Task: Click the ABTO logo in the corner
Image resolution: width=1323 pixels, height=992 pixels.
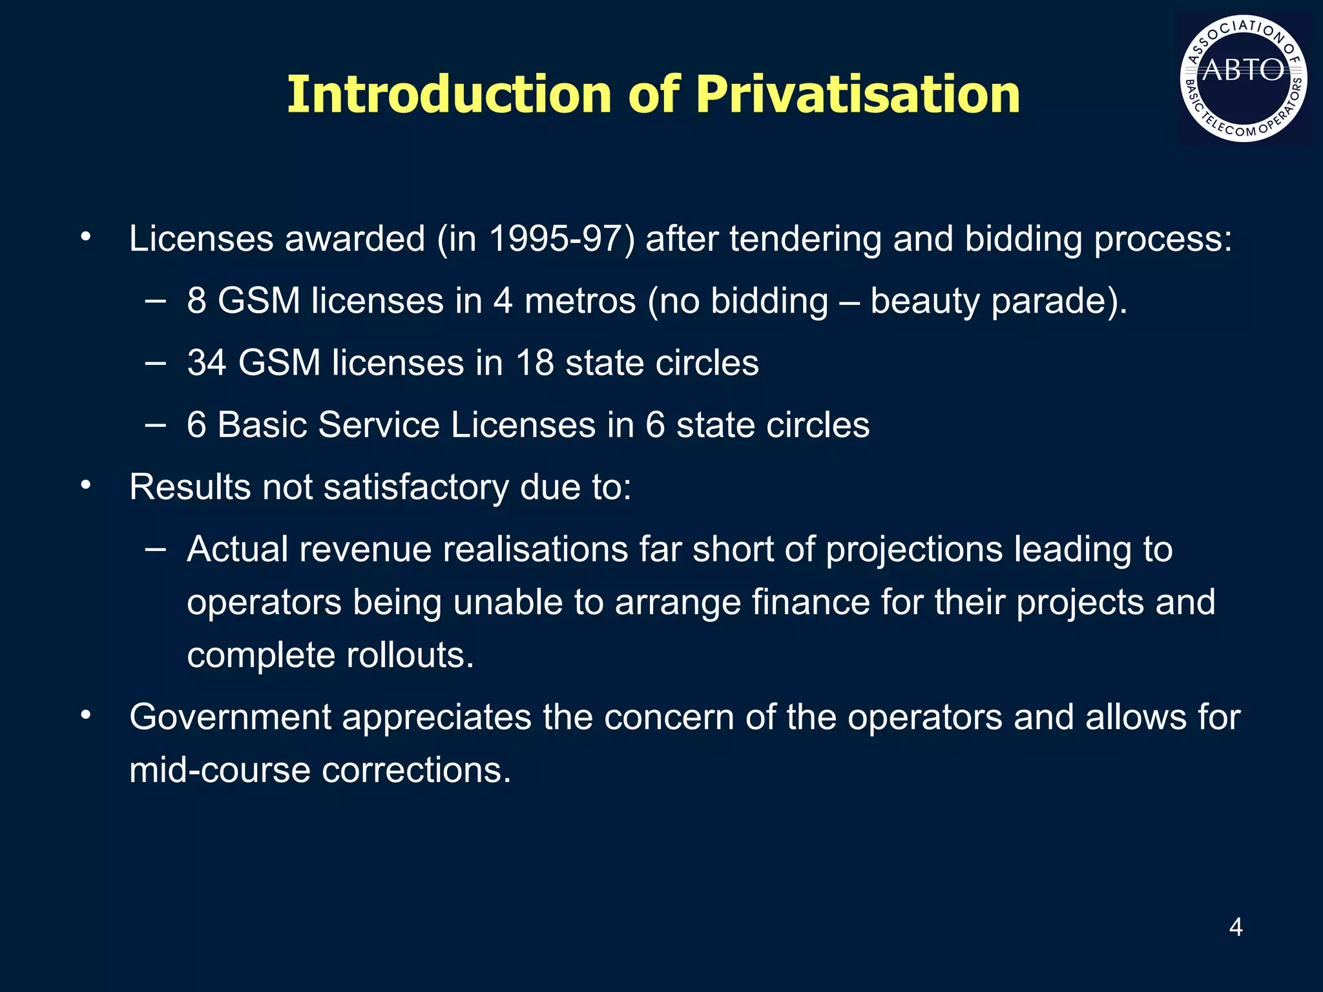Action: click(1244, 78)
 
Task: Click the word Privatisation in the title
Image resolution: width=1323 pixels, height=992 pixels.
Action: click(858, 94)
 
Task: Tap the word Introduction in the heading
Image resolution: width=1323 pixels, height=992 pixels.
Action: click(448, 94)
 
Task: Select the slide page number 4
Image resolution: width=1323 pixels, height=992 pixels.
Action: click(1236, 927)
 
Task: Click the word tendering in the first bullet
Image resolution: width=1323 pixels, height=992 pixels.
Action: click(806, 238)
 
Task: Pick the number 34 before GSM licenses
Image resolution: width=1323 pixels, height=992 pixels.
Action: click(207, 362)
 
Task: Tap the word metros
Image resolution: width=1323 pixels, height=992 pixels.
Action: click(580, 301)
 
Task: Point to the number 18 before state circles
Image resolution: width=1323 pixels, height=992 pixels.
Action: click(534, 362)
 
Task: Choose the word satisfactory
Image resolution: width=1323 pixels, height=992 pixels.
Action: click(416, 487)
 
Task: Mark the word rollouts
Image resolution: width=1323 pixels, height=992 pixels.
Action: click(410, 655)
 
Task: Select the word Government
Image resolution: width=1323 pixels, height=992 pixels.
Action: click(230, 717)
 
